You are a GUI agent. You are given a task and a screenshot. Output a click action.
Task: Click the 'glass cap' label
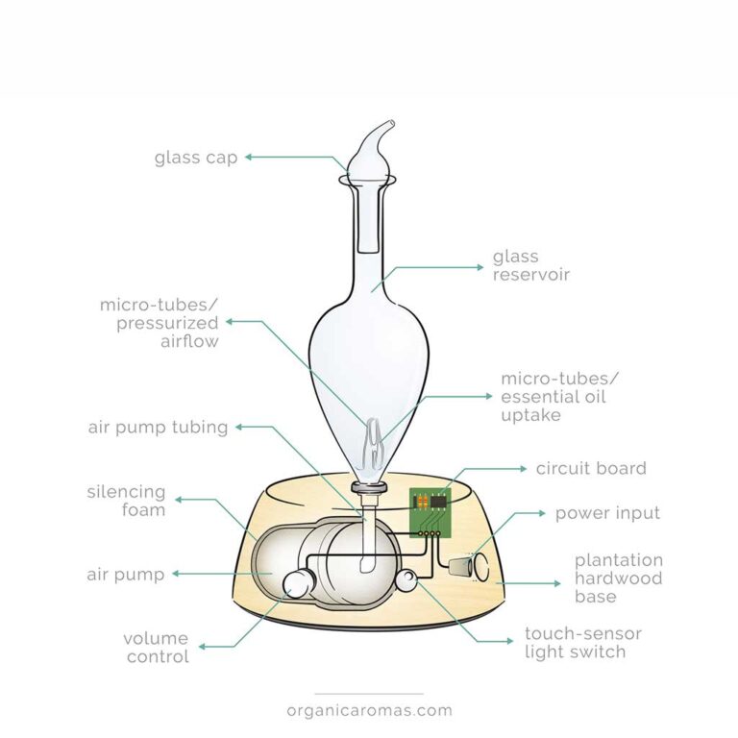click(x=195, y=158)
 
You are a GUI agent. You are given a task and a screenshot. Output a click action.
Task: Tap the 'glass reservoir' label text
click(x=530, y=266)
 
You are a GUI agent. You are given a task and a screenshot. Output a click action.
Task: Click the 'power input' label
click(x=607, y=513)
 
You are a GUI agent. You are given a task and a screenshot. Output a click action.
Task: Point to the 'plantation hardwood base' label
click(x=619, y=578)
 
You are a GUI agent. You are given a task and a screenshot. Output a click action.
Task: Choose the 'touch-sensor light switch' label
click(x=582, y=643)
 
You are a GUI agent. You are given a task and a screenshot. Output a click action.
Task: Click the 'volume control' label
click(x=156, y=648)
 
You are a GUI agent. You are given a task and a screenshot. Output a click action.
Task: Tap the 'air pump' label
click(x=125, y=575)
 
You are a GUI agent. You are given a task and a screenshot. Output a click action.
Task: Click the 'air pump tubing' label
click(x=158, y=428)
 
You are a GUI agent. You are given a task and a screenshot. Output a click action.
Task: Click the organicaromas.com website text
click(x=369, y=711)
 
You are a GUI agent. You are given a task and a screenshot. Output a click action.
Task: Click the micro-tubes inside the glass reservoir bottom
click(x=370, y=448)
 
